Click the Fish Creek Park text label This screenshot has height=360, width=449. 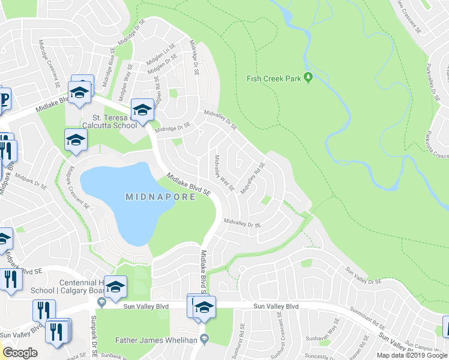pos(274,79)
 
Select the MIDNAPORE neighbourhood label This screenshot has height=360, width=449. pos(160,197)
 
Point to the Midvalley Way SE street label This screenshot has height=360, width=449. pos(223,173)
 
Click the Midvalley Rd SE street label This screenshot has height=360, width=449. pos(253,178)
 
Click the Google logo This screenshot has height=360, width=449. pos(20,353)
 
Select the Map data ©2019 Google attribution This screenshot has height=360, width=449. pos(412,355)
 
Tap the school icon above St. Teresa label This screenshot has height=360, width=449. pos(142,109)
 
